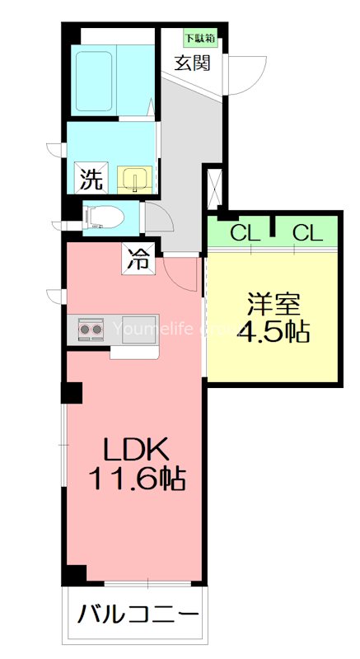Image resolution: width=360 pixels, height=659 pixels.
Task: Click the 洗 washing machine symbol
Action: (90, 176)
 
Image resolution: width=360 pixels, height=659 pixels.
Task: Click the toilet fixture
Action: (105, 216)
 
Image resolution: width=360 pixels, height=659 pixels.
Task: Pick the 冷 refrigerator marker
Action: (137, 260)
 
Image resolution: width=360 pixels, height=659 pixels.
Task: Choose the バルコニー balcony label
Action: (138, 615)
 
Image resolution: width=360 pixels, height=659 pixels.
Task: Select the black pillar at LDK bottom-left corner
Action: (75, 576)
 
